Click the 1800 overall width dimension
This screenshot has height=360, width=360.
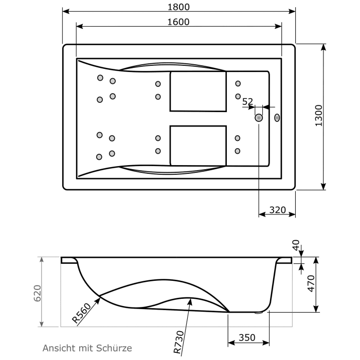coord(178,7)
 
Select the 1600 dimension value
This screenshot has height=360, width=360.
coord(178,22)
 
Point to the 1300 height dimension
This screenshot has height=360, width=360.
coord(318,116)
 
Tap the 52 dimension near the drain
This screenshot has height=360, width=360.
coord(248,102)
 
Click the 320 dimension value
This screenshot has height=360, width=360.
coord(277,210)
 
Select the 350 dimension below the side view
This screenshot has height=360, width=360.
coord(247,338)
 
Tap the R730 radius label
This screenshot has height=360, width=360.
coord(177,343)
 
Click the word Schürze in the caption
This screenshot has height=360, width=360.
coord(116,348)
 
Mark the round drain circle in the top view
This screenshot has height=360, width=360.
coord(258,118)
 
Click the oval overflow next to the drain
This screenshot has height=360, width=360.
coord(277,118)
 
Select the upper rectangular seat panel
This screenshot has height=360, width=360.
coord(198,91)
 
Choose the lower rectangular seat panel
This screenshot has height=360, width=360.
coord(198,146)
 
